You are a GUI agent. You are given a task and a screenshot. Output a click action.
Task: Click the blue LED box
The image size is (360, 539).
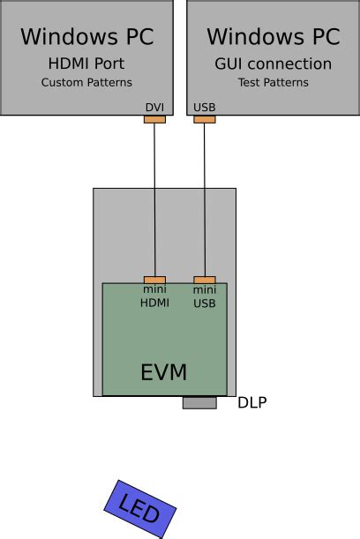140,509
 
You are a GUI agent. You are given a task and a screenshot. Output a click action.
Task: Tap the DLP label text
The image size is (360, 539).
251,403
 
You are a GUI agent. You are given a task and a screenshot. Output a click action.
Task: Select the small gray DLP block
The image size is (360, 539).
199,402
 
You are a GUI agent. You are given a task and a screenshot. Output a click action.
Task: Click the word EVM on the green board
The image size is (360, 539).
164,372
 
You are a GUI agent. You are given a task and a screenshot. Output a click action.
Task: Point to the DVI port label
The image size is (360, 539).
154,109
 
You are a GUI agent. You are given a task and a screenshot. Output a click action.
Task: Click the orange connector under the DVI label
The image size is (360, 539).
154,119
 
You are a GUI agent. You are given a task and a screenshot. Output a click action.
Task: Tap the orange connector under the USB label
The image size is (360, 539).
205,119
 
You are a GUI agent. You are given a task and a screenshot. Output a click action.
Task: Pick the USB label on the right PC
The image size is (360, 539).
205,109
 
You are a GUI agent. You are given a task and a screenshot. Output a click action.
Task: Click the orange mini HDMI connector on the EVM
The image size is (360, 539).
154,280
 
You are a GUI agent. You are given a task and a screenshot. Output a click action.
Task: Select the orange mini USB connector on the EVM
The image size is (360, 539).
205,280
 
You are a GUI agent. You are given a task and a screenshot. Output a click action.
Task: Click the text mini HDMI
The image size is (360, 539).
154,296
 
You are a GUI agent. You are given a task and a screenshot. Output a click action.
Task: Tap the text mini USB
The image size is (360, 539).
205,296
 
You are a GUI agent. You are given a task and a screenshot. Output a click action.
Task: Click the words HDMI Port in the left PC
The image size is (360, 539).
86,64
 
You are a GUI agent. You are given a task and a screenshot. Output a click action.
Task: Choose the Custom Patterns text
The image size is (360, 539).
86,83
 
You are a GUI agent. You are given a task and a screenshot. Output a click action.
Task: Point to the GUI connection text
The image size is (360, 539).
273,64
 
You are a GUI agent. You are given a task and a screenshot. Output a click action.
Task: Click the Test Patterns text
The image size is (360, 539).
273,83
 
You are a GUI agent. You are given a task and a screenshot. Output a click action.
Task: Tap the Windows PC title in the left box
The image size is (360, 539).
86,37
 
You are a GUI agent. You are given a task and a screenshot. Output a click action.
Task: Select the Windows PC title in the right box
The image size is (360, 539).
273,37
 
